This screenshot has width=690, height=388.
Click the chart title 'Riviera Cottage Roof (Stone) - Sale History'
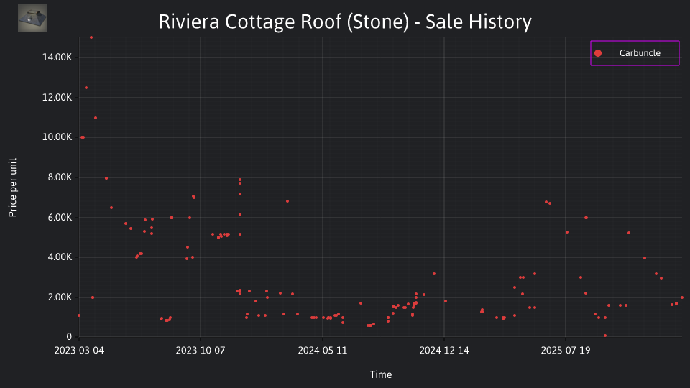point(345,22)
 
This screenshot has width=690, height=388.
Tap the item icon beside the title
point(32,18)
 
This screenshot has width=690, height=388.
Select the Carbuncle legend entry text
point(640,52)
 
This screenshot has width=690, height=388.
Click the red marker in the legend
point(598,53)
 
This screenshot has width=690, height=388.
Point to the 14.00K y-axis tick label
point(57,57)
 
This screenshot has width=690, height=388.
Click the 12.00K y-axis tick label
point(57,97)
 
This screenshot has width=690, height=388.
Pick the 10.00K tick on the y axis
point(57,137)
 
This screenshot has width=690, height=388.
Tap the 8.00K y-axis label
point(59,177)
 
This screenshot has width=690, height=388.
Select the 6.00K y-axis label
point(59,217)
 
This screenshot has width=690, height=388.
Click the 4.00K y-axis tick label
point(59,257)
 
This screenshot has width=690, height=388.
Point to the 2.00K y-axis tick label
point(59,297)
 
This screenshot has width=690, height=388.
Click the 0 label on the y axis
point(69,336)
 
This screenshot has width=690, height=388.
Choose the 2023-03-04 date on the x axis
point(79,351)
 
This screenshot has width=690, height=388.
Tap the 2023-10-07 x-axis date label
point(201,351)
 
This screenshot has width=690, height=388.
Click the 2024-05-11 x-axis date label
point(323,351)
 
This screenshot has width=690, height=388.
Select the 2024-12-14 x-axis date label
point(444,351)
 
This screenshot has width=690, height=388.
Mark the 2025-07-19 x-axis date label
point(566,351)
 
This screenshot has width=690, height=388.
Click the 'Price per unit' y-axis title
point(13,188)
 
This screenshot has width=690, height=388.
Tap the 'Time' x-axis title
point(381,374)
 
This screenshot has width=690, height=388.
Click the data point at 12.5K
point(86,88)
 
